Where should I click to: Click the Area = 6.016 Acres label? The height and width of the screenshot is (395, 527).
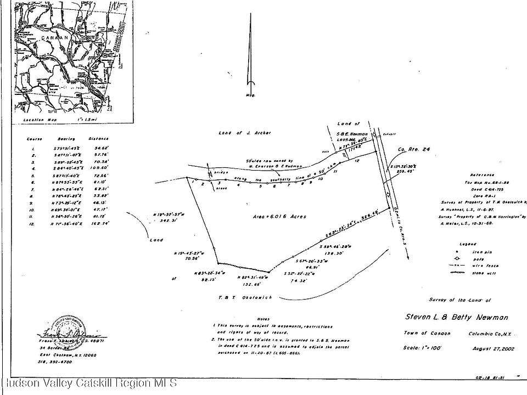tap(280, 217)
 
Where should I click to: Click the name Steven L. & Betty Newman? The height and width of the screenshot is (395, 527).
tap(457, 317)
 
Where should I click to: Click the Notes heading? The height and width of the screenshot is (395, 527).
tap(263, 319)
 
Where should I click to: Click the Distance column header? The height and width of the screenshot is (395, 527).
tap(98, 139)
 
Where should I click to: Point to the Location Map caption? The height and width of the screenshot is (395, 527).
tap(38, 119)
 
